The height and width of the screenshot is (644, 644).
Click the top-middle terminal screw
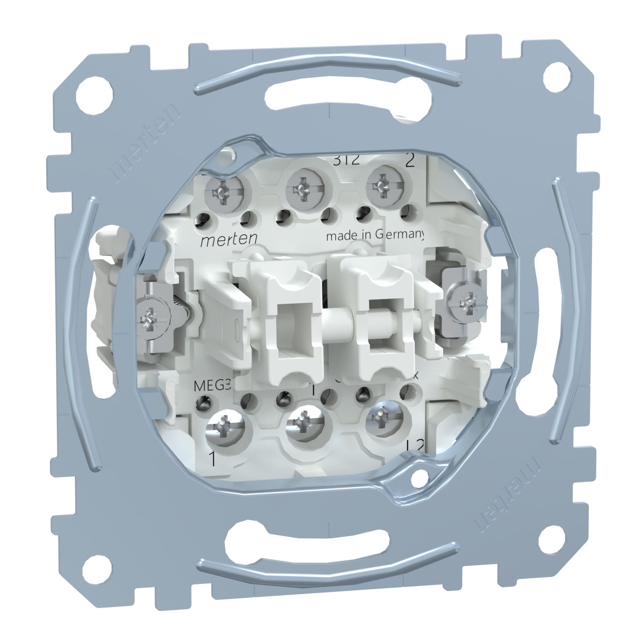[x=301, y=187]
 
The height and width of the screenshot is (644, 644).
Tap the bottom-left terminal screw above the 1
[x=224, y=427]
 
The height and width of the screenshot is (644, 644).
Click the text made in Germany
[x=376, y=236]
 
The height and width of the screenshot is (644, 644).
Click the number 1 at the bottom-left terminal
[x=213, y=459]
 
